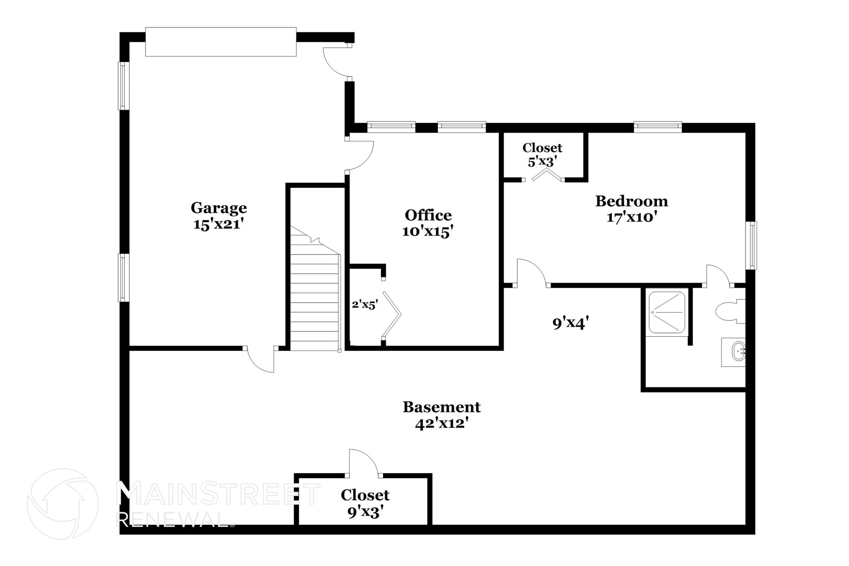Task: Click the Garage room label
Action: pyautogui.click(x=218, y=207)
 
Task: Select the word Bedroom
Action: pyautogui.click(x=631, y=201)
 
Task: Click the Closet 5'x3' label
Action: pyautogui.click(x=542, y=154)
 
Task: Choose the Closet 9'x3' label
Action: pyautogui.click(x=365, y=503)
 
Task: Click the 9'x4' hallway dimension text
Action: pyautogui.click(x=571, y=323)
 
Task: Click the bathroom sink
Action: pyautogui.click(x=734, y=352)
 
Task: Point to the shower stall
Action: pyautogui.click(x=667, y=312)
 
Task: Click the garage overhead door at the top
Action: pyautogui.click(x=221, y=42)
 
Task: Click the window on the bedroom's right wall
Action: pyautogui.click(x=752, y=245)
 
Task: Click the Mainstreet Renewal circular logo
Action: pyautogui.click(x=63, y=504)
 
